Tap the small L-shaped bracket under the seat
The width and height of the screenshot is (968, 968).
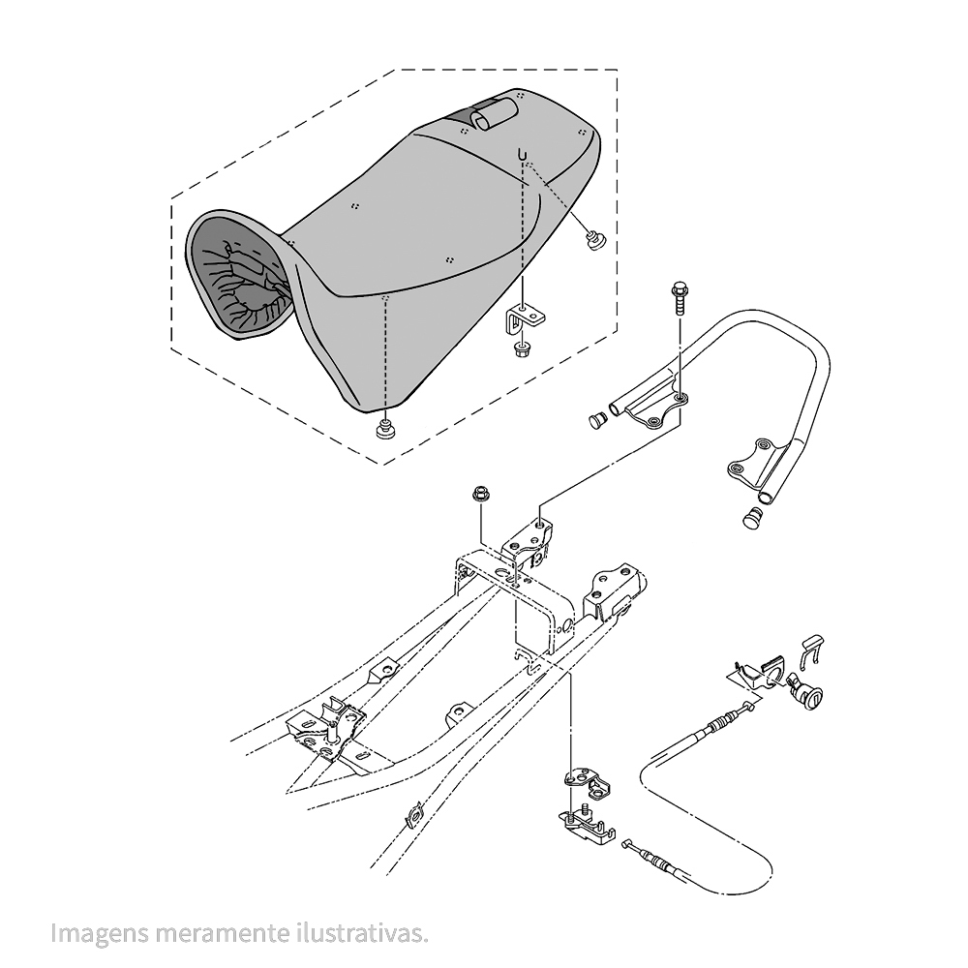coord(524,318)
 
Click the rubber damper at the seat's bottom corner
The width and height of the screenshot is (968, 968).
coord(385,428)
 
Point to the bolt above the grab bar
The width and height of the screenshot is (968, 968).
coord(679,294)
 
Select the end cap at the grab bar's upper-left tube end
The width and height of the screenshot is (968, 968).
coord(597,420)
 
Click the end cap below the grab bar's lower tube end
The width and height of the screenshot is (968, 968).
coord(752,518)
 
